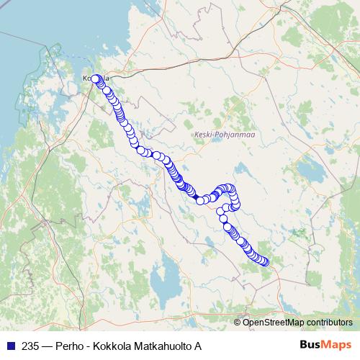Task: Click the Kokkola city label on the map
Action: click(95, 78)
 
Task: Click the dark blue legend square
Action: click(9, 346)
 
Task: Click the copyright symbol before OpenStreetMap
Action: click(238, 322)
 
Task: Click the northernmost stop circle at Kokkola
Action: click(95, 79)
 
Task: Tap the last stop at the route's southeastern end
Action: click(265, 262)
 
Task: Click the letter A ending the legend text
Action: click(197, 346)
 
